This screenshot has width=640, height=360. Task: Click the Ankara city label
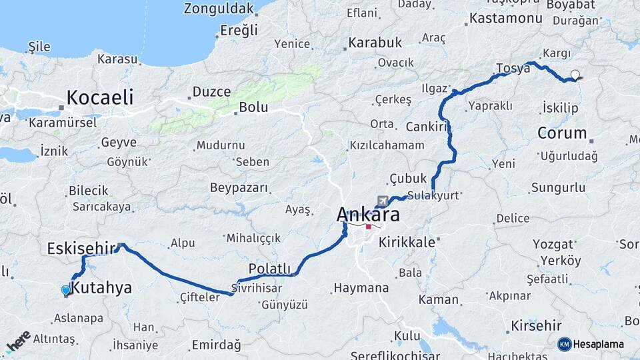(x=369, y=215)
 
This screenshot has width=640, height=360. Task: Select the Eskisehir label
(x=81, y=249)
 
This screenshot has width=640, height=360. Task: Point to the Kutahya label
(x=101, y=288)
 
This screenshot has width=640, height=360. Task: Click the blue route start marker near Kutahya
(x=65, y=290)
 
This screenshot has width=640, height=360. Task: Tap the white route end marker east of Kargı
(x=575, y=75)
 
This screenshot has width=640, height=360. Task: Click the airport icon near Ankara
(x=383, y=200)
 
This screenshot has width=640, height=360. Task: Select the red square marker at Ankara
(x=368, y=227)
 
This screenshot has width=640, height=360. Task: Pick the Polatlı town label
(x=269, y=268)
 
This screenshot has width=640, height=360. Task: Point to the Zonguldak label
(x=219, y=9)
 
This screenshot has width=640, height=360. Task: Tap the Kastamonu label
(x=505, y=18)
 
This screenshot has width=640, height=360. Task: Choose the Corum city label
(x=561, y=133)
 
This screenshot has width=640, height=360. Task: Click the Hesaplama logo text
(x=598, y=344)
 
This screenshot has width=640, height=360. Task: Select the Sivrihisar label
(x=256, y=288)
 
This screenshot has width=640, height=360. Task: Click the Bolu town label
(x=253, y=107)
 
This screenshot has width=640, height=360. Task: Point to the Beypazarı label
(x=239, y=188)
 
